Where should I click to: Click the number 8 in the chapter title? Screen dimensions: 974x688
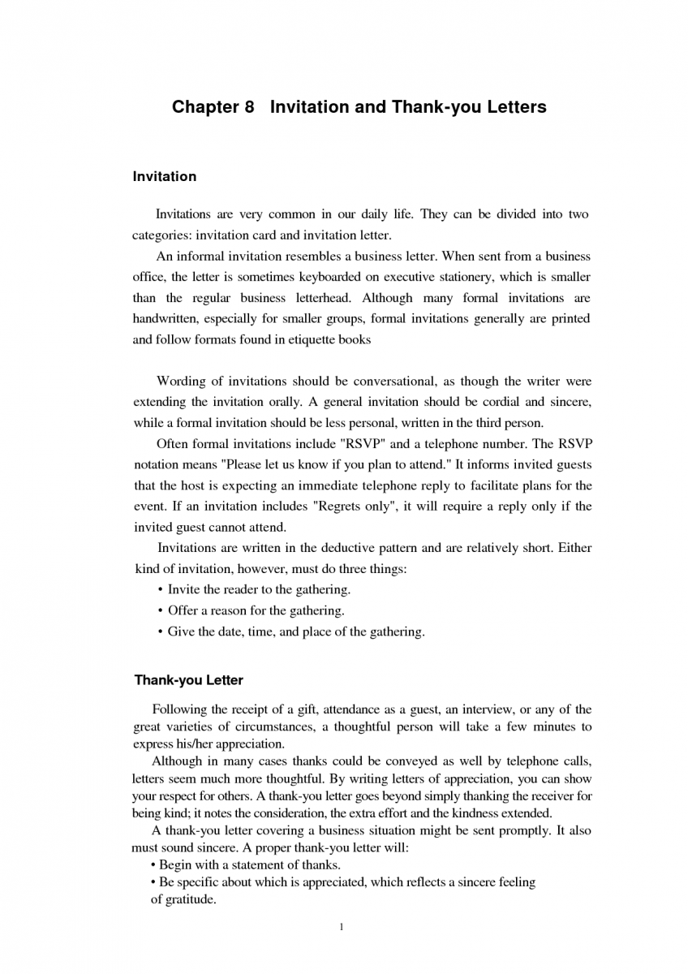point(249,107)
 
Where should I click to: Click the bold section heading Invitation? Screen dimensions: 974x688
point(164,176)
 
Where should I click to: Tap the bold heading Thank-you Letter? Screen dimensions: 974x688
point(188,680)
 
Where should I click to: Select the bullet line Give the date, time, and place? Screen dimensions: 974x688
point(295,631)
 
